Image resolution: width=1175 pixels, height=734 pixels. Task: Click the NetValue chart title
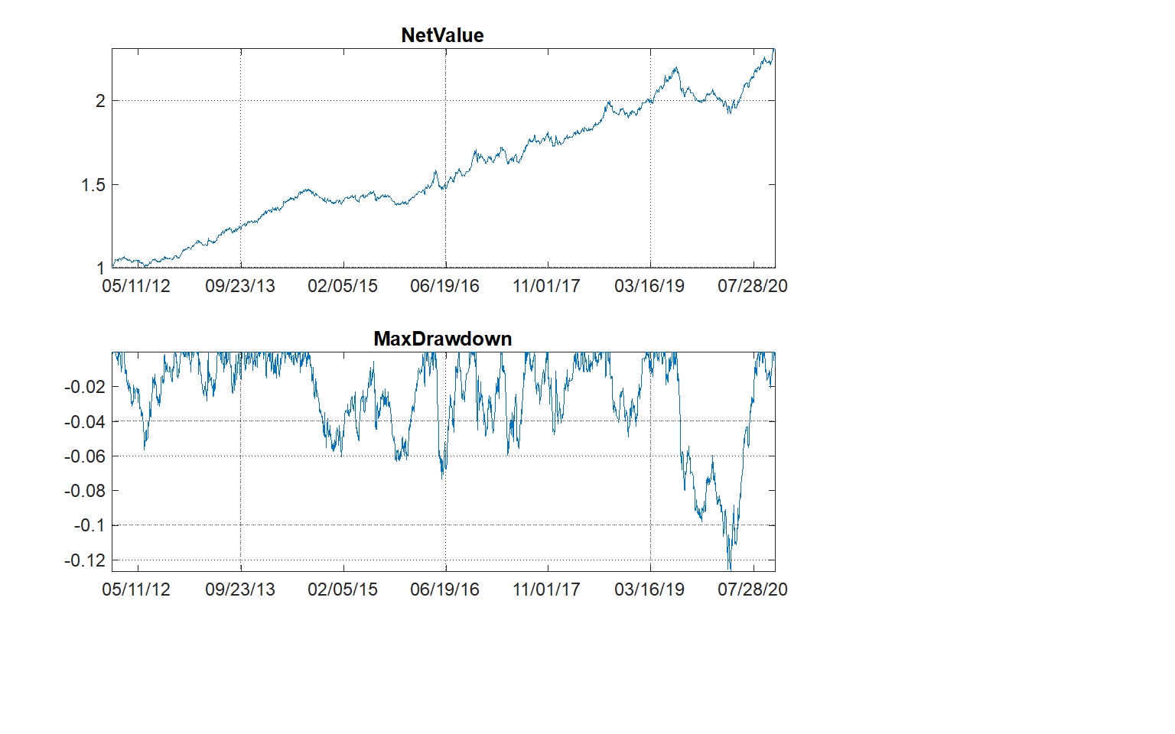click(442, 35)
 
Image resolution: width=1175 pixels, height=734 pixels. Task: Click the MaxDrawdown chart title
click(442, 339)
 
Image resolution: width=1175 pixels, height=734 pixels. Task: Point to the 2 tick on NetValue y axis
click(99, 101)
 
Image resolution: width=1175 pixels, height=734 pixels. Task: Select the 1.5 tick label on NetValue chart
click(93, 185)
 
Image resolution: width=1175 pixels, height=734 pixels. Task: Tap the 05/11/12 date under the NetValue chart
click(136, 286)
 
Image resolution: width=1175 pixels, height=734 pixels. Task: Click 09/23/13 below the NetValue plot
click(239, 286)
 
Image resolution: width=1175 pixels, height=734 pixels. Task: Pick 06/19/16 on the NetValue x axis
click(444, 286)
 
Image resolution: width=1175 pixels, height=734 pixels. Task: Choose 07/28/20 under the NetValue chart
click(752, 286)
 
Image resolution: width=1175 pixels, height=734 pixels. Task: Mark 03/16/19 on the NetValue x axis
click(649, 286)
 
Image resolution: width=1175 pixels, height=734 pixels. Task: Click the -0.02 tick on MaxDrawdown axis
click(84, 387)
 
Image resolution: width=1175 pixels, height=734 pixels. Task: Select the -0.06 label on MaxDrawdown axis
click(84, 456)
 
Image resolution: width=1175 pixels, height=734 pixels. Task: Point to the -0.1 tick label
click(89, 525)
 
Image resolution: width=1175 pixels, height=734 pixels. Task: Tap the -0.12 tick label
click(84, 560)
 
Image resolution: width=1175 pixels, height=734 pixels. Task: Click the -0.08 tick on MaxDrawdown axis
click(84, 491)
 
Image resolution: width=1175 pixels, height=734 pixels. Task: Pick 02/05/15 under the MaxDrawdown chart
click(342, 589)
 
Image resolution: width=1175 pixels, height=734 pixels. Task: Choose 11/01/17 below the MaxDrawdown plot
click(547, 589)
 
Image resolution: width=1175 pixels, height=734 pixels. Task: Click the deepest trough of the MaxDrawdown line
click(729, 568)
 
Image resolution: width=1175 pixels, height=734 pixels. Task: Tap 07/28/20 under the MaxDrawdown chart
click(752, 589)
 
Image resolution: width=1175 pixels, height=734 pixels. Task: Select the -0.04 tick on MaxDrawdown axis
click(84, 422)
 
